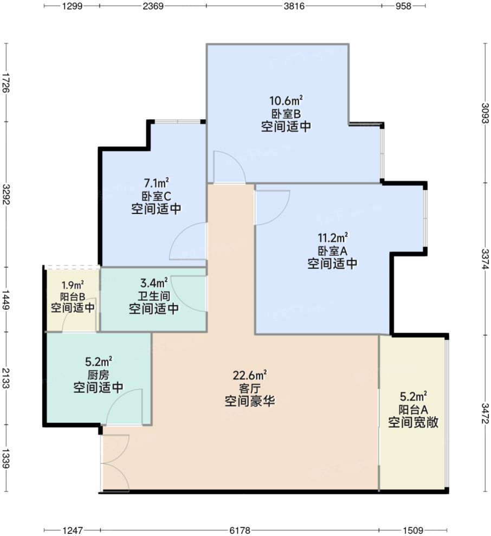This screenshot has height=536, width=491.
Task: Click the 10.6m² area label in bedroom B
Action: click(286, 101)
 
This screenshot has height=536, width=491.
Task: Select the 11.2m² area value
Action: click(332, 238)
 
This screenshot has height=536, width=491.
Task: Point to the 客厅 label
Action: click(250, 388)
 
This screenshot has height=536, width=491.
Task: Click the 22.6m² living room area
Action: click(250, 375)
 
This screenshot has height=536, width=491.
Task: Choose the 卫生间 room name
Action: click(154, 296)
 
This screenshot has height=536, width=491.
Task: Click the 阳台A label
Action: click(413, 410)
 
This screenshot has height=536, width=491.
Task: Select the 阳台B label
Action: click(73, 296)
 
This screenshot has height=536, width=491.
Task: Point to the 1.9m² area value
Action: click(73, 285)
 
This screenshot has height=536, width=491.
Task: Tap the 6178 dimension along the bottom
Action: click(240, 530)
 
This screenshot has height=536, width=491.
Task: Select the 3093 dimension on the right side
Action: click(484, 113)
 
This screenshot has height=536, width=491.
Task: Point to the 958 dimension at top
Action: click(403, 7)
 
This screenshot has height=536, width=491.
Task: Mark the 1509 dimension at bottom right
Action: click(413, 530)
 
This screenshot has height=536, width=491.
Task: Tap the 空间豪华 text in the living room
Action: click(250, 402)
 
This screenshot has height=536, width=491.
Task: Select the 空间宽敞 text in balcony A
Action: click(413, 423)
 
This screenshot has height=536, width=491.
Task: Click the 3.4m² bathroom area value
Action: click(154, 283)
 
